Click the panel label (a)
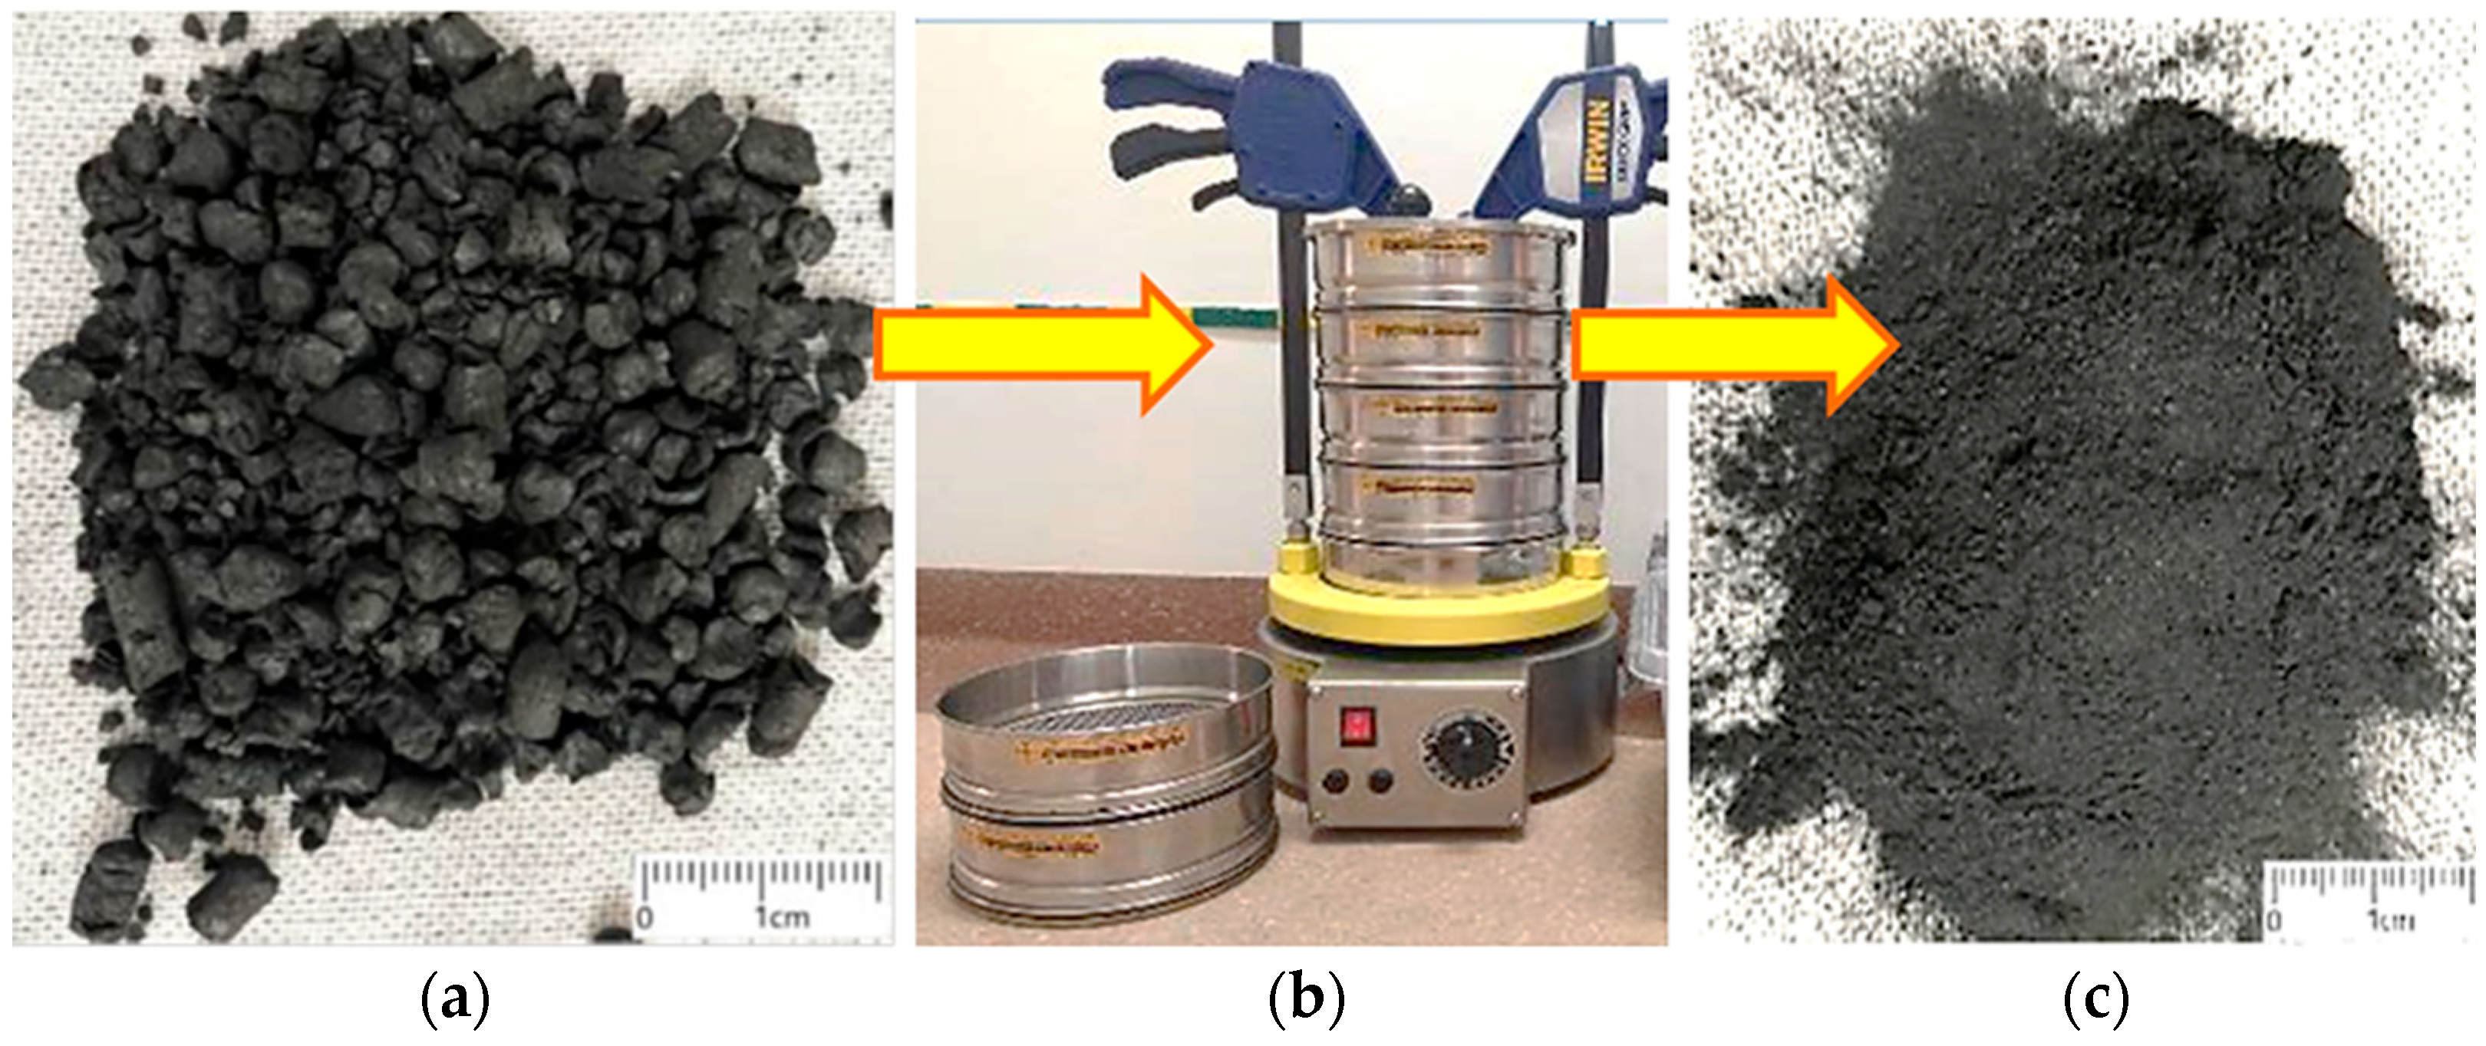[456, 1001]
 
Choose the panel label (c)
[2096, 1001]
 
